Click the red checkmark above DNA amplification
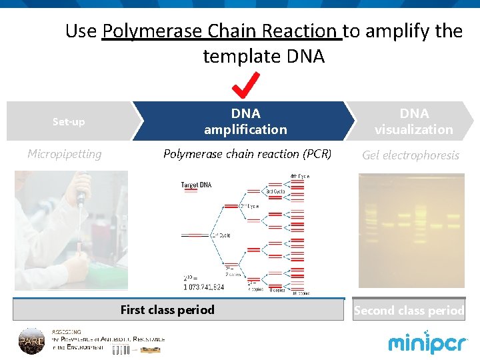click(246, 84)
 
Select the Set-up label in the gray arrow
click(69, 122)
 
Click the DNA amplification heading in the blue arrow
click(245, 121)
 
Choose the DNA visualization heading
click(413, 121)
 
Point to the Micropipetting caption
click(65, 154)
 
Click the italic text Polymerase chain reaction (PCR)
click(247, 154)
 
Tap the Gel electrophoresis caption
click(411, 155)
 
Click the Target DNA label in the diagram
click(196, 185)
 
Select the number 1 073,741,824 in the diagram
click(203, 287)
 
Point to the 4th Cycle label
click(299, 176)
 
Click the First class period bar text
click(167, 309)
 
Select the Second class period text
click(409, 311)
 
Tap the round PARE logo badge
click(31, 340)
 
